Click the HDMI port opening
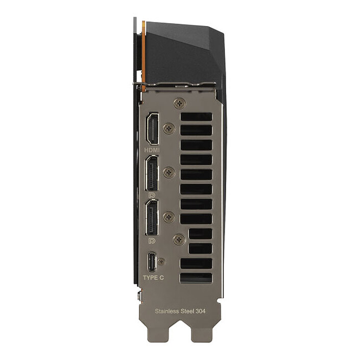pos(153,129)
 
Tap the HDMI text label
pos(152,150)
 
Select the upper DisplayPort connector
pos(152,173)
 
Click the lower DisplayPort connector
pos(151,218)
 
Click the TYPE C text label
pos(153,278)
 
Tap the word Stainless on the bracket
pos(167,311)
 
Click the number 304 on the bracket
pos(201,311)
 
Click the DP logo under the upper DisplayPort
pos(152,196)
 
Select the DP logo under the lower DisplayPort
pos(152,241)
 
